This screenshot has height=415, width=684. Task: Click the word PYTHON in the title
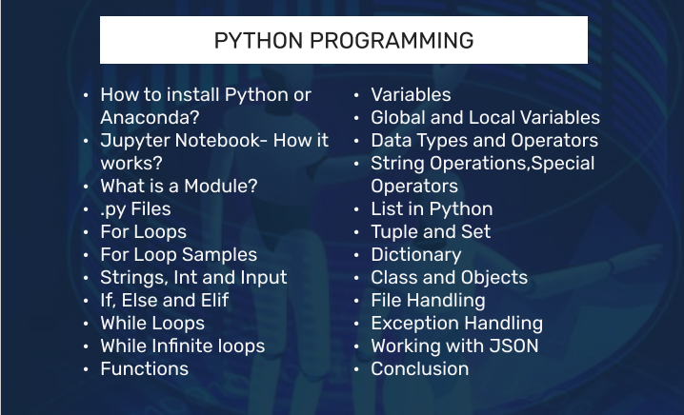pos(258,41)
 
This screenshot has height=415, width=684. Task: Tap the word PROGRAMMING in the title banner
pos(392,41)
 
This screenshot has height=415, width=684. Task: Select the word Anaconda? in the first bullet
pos(150,118)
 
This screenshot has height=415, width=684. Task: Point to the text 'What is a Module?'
pos(179,187)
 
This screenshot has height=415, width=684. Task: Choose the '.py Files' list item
pos(135,209)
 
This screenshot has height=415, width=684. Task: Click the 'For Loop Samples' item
pos(179,255)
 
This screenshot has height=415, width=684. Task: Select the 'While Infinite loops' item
pos(183,346)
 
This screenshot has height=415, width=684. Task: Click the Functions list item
pos(145,368)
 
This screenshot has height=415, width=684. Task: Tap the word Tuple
pos(392,232)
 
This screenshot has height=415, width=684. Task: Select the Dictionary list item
pos(416,255)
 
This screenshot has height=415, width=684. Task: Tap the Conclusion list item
pos(420,368)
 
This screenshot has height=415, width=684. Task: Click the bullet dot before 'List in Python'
pos(356,209)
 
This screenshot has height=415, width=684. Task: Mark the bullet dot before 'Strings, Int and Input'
pos(86,278)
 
